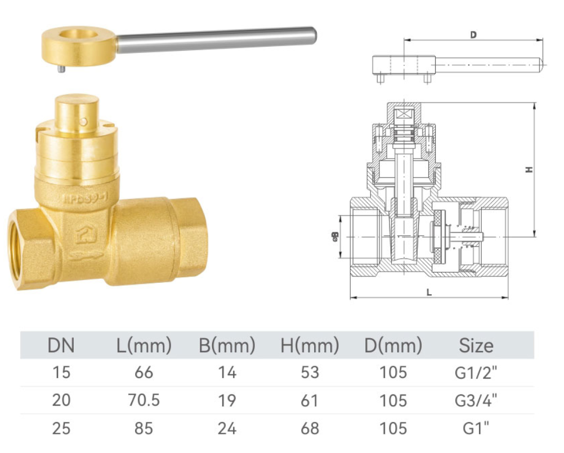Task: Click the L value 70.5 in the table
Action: pyautogui.click(x=144, y=401)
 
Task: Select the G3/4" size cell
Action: pyautogui.click(x=476, y=401)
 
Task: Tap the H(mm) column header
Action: pyautogui.click(x=310, y=345)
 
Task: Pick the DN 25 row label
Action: pyautogui.click(x=61, y=429)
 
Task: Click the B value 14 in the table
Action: pyautogui.click(x=227, y=372)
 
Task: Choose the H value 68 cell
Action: pyautogui.click(x=310, y=429)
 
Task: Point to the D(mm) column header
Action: pyautogui.click(x=393, y=345)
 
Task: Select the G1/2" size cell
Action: pyautogui.click(x=476, y=372)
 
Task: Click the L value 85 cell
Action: pyautogui.click(x=144, y=429)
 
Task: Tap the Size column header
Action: pyautogui.click(x=476, y=345)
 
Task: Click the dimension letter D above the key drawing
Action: pyautogui.click(x=473, y=35)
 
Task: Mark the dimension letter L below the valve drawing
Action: pyautogui.click(x=429, y=292)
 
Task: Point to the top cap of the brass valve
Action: pyautogui.click(x=77, y=107)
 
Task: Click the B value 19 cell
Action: pyautogui.click(x=227, y=401)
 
